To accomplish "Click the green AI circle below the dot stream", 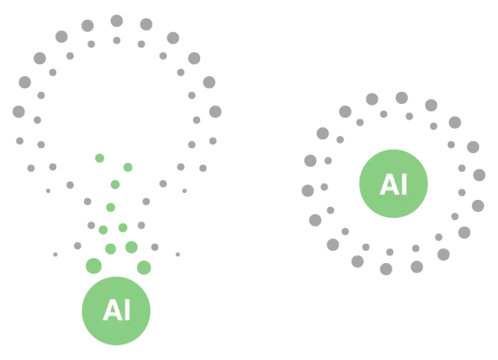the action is click(116, 311).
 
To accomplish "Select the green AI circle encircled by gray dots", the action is click(393, 183).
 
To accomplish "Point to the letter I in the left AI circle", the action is click(126, 310).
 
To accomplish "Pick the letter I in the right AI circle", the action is click(404, 183).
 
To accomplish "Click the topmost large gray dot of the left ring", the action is click(117, 21).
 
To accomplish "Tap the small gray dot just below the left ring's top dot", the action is click(117, 41).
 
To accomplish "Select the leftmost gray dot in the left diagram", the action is click(19, 112).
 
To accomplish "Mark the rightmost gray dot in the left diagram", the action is click(216, 112).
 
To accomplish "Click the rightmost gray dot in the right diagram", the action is click(479, 175).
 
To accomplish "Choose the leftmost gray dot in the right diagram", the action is click(307, 190).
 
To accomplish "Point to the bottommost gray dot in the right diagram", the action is click(386, 269).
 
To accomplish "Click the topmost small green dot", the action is click(100, 158).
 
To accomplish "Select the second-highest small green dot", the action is click(128, 167).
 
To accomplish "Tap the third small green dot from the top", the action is click(115, 184).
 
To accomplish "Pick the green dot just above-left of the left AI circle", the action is click(94, 266).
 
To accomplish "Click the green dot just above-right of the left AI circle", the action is click(144, 267).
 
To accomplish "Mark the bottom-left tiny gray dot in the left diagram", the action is click(55, 254).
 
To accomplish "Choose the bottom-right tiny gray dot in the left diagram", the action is click(178, 254).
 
